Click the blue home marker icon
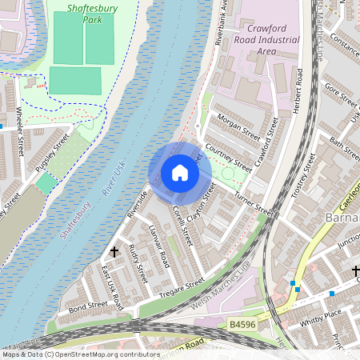(180, 173)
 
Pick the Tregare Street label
(183, 286)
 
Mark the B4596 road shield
(244, 325)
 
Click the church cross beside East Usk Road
(114, 251)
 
